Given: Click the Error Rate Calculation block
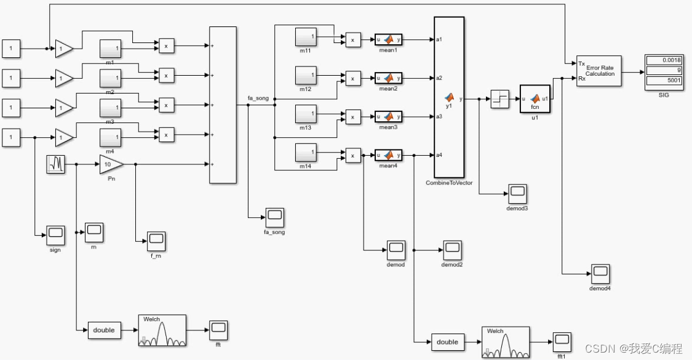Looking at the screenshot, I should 599,71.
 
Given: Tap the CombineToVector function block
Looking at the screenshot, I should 449,98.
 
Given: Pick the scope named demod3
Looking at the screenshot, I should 517,194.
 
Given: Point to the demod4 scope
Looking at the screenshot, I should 600,273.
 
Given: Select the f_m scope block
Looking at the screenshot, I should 156,241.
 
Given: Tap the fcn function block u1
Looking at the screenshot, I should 535,99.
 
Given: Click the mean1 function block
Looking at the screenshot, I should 388,40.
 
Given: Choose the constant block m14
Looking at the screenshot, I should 306,153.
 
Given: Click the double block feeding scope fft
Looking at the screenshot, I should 104,330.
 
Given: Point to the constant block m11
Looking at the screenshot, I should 306,38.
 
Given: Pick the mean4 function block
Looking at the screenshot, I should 388,156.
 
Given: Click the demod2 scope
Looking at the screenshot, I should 451,250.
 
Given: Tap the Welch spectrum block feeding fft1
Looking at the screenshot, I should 506,342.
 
